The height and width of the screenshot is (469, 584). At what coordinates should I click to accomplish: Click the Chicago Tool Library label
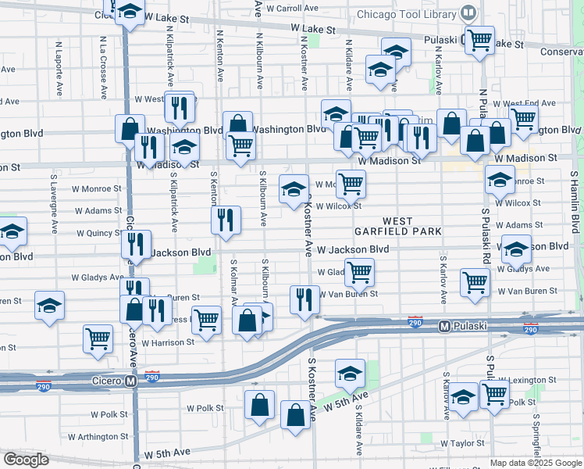point(405,13)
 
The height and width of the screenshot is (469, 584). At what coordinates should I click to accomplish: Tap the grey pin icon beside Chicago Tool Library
point(468,13)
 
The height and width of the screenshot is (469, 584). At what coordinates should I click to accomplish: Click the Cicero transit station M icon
point(130,381)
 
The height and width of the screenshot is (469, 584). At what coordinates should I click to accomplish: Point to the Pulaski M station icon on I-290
point(443,326)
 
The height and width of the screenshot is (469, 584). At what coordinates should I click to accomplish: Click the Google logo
point(26,460)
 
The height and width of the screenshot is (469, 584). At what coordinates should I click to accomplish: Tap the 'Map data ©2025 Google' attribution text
point(535,463)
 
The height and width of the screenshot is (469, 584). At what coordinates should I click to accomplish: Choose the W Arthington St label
point(98,436)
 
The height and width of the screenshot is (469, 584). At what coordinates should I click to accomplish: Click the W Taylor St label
point(462,442)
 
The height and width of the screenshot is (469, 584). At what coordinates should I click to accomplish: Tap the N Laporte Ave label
point(59,70)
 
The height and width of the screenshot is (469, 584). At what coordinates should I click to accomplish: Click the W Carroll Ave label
point(293,9)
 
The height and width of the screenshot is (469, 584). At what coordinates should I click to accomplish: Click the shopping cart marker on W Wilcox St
point(351,183)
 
